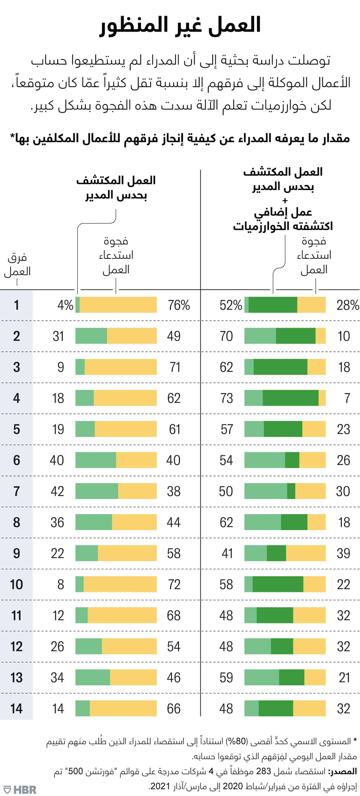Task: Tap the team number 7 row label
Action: pos(16,491)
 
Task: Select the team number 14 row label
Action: pos(16,709)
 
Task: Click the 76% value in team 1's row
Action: pos(178,305)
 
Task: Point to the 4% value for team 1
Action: pos(65,305)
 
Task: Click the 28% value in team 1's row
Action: pos(348,305)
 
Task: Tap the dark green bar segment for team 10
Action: pos(278,584)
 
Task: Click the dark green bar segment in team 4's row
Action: pos(290,398)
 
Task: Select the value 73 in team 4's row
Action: pos(226,398)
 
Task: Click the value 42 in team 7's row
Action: pos(57,491)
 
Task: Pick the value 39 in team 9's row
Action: pos(343,554)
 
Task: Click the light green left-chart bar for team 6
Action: pos(96,460)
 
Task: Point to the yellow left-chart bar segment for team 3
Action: pos(121,367)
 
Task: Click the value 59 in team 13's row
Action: pos(226,678)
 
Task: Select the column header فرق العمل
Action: pos(17,265)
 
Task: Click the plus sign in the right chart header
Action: pos(285,201)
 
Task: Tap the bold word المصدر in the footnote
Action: pos(343,771)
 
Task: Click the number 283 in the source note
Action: pos(264,771)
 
